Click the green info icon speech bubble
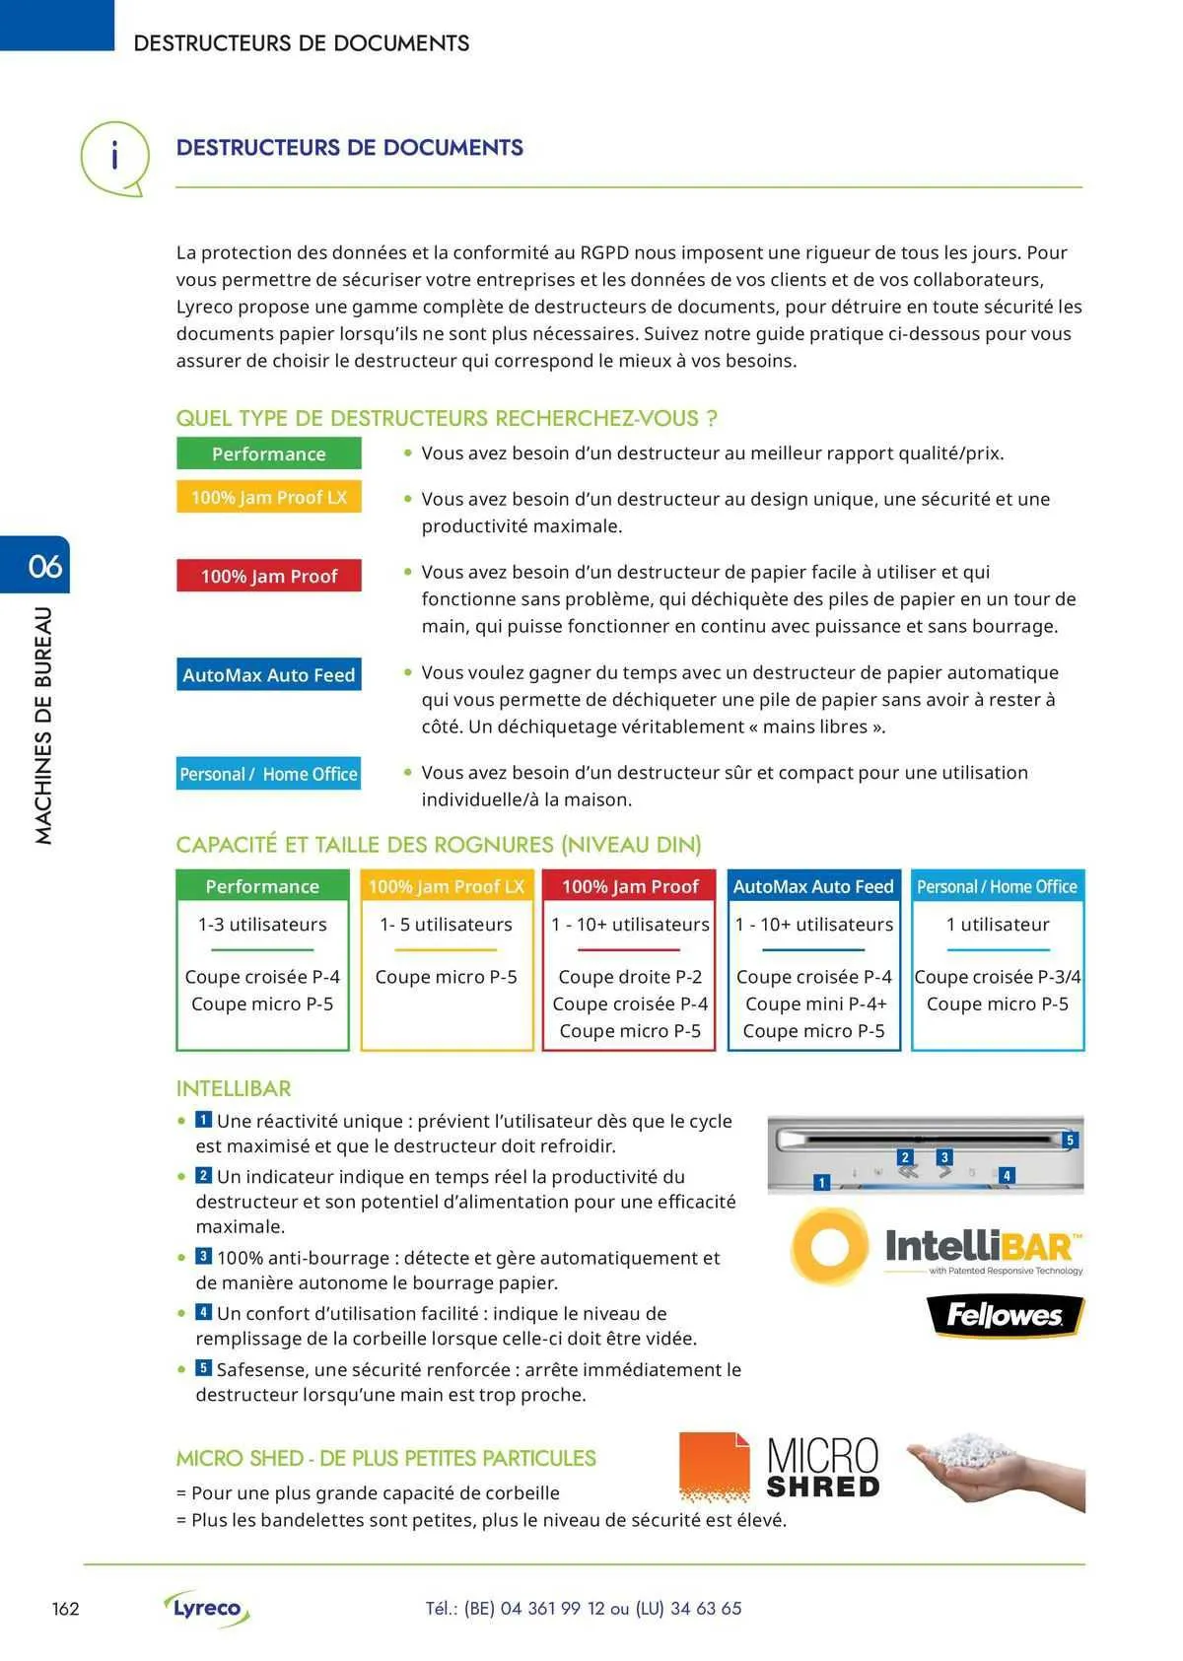click(x=114, y=157)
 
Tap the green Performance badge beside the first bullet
click(x=268, y=453)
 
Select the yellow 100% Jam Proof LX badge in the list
click(x=268, y=497)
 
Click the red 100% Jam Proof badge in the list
click(x=268, y=576)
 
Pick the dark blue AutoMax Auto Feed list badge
click(x=268, y=674)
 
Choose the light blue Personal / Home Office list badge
click(x=268, y=774)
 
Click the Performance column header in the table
click(x=262, y=886)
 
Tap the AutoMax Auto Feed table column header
click(x=813, y=886)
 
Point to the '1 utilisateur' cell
click(x=998, y=925)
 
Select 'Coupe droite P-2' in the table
click(x=630, y=977)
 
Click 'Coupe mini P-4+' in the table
click(x=815, y=1004)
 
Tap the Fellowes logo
click(x=1005, y=1315)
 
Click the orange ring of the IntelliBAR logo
click(x=830, y=1246)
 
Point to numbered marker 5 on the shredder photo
click(x=1070, y=1141)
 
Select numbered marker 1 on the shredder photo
click(x=822, y=1182)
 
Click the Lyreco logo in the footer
click(x=207, y=1608)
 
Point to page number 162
click(x=65, y=1609)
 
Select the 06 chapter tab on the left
click(x=43, y=566)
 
